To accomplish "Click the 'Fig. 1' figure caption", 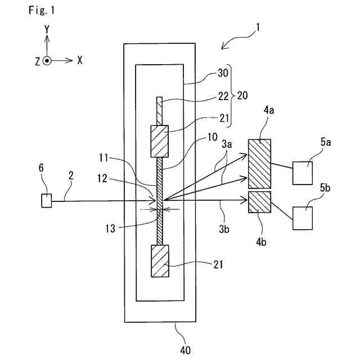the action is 42,10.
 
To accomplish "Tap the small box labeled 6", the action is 46,201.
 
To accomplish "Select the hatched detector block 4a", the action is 259,164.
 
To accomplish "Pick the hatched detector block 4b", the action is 259,202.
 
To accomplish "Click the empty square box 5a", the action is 303,173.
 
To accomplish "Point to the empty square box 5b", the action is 303,218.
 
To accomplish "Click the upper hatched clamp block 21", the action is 160,141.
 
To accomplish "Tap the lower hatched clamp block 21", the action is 160,261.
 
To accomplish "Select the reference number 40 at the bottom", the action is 185,350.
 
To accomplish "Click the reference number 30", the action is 223,73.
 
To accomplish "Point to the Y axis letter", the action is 47,29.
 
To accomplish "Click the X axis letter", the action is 80,60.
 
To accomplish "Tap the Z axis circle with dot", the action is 47,61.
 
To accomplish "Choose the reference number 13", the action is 110,228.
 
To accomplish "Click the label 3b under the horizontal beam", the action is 224,229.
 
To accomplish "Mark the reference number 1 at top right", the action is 258,28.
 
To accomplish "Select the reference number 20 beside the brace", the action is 242,96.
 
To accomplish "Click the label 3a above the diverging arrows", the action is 227,144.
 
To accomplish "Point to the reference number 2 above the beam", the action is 71,175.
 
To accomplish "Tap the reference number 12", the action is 102,178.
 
